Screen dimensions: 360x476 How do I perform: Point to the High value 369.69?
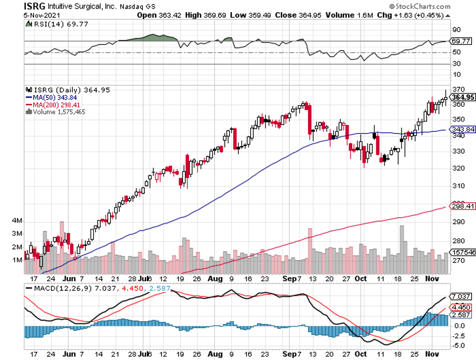(213, 15)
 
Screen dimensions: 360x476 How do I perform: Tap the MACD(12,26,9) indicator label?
(55, 288)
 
